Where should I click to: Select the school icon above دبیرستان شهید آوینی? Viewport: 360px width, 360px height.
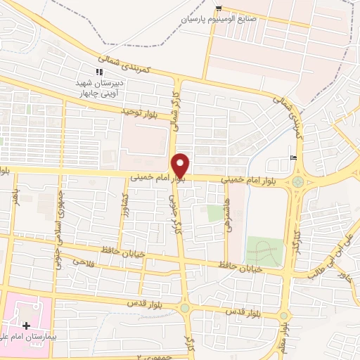click(99, 72)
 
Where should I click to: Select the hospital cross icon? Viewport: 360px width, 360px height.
click(26, 326)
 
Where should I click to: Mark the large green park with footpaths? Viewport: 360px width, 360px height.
click(264, 250)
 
